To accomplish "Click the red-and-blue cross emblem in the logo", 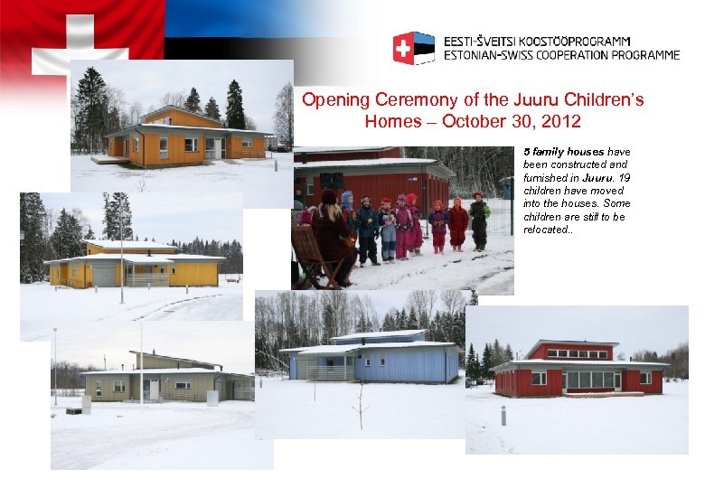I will click(413, 48).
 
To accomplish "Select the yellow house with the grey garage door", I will click(136, 265).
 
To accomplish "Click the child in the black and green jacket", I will click(478, 219).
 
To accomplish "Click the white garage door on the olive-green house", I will click(155, 389).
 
